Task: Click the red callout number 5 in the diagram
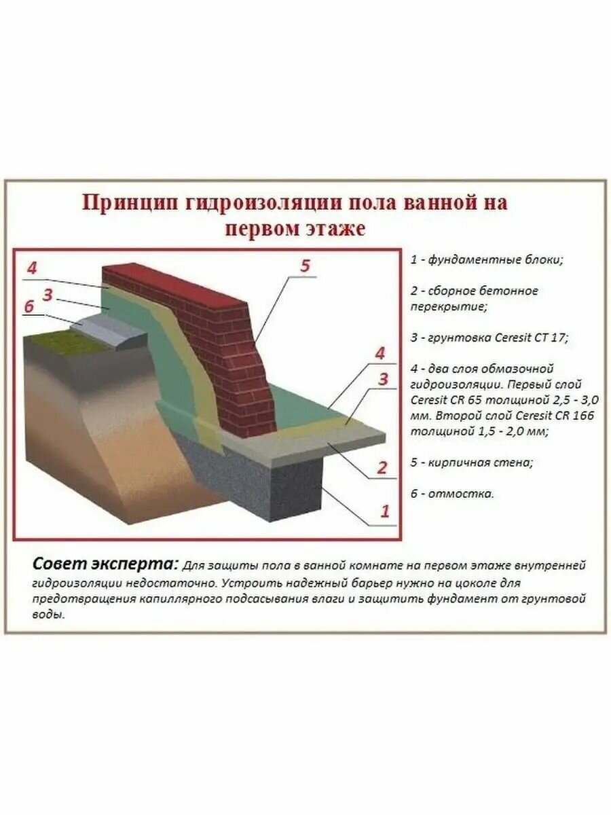(305, 266)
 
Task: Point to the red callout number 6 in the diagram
(29, 306)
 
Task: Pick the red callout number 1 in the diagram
(385, 511)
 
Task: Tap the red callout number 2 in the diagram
(382, 467)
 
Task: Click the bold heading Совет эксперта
(105, 565)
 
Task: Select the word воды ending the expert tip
(47, 615)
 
